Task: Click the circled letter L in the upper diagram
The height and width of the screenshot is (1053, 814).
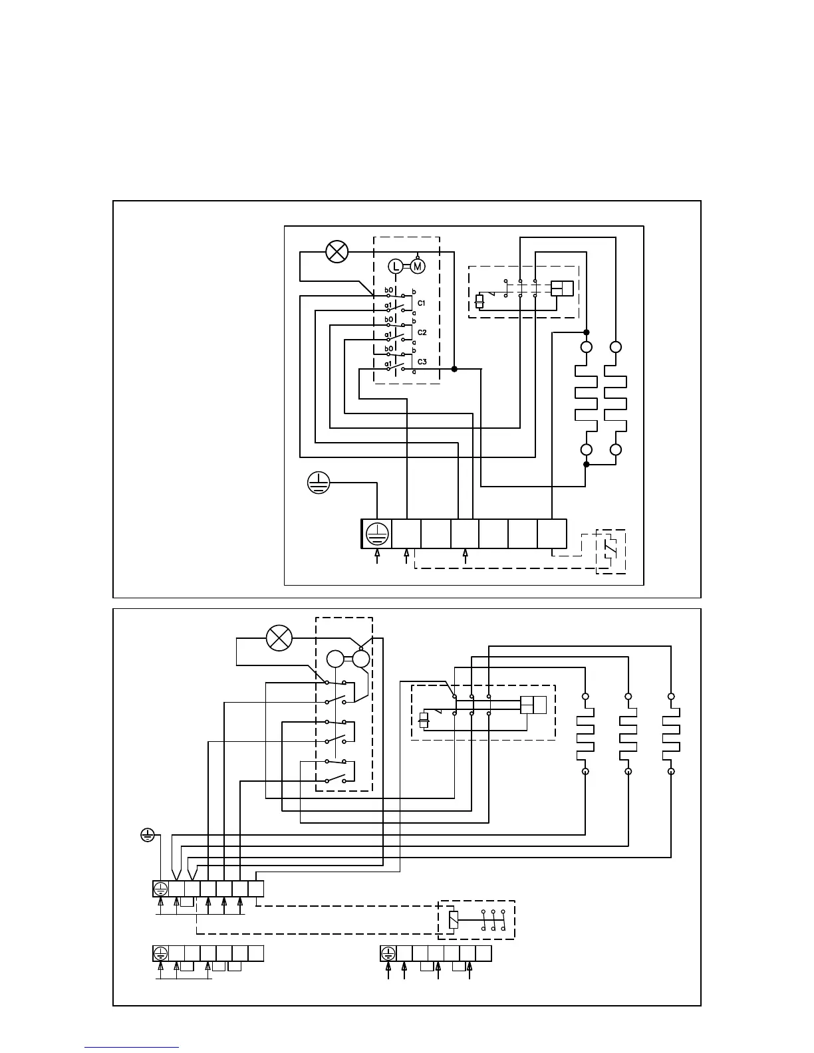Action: click(x=396, y=267)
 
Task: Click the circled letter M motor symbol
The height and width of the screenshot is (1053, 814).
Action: click(x=417, y=267)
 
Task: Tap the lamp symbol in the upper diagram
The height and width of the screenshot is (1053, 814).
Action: click(x=337, y=252)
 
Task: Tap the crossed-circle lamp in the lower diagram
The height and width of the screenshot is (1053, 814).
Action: click(x=279, y=638)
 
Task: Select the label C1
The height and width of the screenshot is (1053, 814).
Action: click(x=422, y=303)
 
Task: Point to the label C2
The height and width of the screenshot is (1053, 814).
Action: click(x=422, y=332)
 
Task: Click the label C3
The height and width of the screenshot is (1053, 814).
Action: click(x=422, y=362)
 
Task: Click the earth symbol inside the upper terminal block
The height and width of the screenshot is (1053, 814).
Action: click(x=376, y=534)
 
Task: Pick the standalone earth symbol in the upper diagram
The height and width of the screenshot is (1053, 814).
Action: click(x=319, y=483)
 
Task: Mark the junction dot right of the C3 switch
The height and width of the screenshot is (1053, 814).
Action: click(x=454, y=369)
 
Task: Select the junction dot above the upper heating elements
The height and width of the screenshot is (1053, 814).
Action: click(x=587, y=332)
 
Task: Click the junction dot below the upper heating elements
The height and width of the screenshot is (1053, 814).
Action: click(x=587, y=464)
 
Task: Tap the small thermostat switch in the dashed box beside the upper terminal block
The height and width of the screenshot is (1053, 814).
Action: click(x=610, y=550)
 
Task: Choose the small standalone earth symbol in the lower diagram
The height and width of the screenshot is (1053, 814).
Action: click(x=148, y=834)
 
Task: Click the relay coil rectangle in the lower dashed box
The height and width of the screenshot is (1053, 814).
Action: click(x=454, y=920)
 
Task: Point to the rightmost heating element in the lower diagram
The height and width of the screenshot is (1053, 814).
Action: click(x=671, y=734)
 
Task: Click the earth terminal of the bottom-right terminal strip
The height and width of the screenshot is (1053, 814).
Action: click(x=388, y=953)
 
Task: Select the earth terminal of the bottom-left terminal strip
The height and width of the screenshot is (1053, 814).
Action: click(x=160, y=953)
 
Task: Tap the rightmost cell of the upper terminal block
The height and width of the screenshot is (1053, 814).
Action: click(x=552, y=534)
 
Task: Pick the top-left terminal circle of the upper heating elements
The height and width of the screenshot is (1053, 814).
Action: click(x=587, y=348)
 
